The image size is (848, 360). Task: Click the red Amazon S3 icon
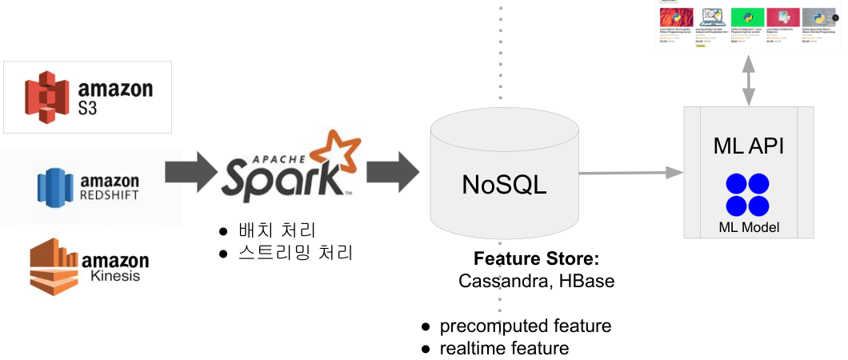click(x=43, y=97)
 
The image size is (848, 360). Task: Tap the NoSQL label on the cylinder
click(x=504, y=185)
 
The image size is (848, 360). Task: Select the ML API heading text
click(x=748, y=146)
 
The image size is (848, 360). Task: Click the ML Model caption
click(x=749, y=228)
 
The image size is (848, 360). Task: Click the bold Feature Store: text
click(x=536, y=260)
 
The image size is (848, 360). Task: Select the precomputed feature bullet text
click(x=525, y=326)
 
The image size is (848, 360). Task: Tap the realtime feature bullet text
click(x=504, y=348)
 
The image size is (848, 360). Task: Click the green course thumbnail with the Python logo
click(x=747, y=18)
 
